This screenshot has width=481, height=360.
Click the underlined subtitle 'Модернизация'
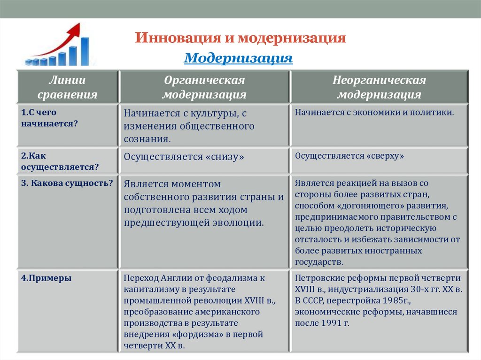click(238, 59)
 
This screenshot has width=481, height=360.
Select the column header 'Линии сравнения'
click(68, 87)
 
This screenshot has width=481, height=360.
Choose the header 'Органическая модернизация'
click(204, 87)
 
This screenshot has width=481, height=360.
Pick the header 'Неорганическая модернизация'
click(379, 87)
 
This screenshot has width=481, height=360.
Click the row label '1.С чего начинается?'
click(49, 118)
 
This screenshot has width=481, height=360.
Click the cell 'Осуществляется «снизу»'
click(184, 157)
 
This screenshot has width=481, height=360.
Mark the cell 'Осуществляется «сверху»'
click(350, 156)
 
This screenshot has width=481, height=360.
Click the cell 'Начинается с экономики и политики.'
click(374, 113)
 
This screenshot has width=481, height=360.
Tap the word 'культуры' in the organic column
click(210, 113)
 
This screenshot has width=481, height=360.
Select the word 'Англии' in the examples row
click(176, 278)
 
